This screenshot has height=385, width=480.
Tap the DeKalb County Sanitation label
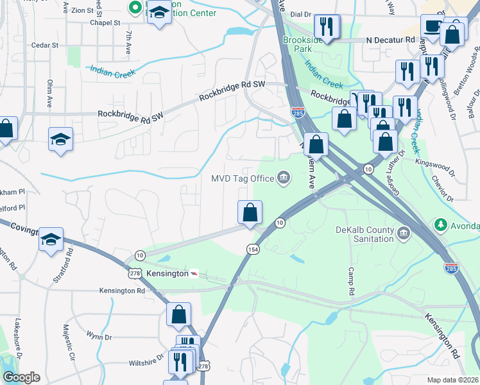[364, 234]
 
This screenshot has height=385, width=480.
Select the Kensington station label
[163, 273]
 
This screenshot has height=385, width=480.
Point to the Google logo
[21, 377]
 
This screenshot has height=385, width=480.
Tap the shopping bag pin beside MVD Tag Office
[250, 212]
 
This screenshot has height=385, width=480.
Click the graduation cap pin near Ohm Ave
[60, 139]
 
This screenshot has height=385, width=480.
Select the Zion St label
[82, 10]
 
